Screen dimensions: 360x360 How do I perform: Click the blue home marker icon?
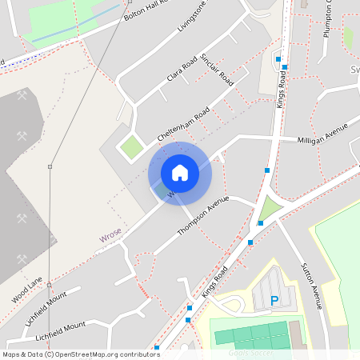[x=179, y=172]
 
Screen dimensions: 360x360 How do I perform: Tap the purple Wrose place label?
[x=111, y=238]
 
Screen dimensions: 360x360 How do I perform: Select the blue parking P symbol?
[x=274, y=301]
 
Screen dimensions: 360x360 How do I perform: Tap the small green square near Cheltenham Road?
[x=129, y=146]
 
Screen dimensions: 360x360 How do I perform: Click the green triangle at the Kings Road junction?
[x=271, y=209]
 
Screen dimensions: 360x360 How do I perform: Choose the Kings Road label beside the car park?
[x=215, y=282]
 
